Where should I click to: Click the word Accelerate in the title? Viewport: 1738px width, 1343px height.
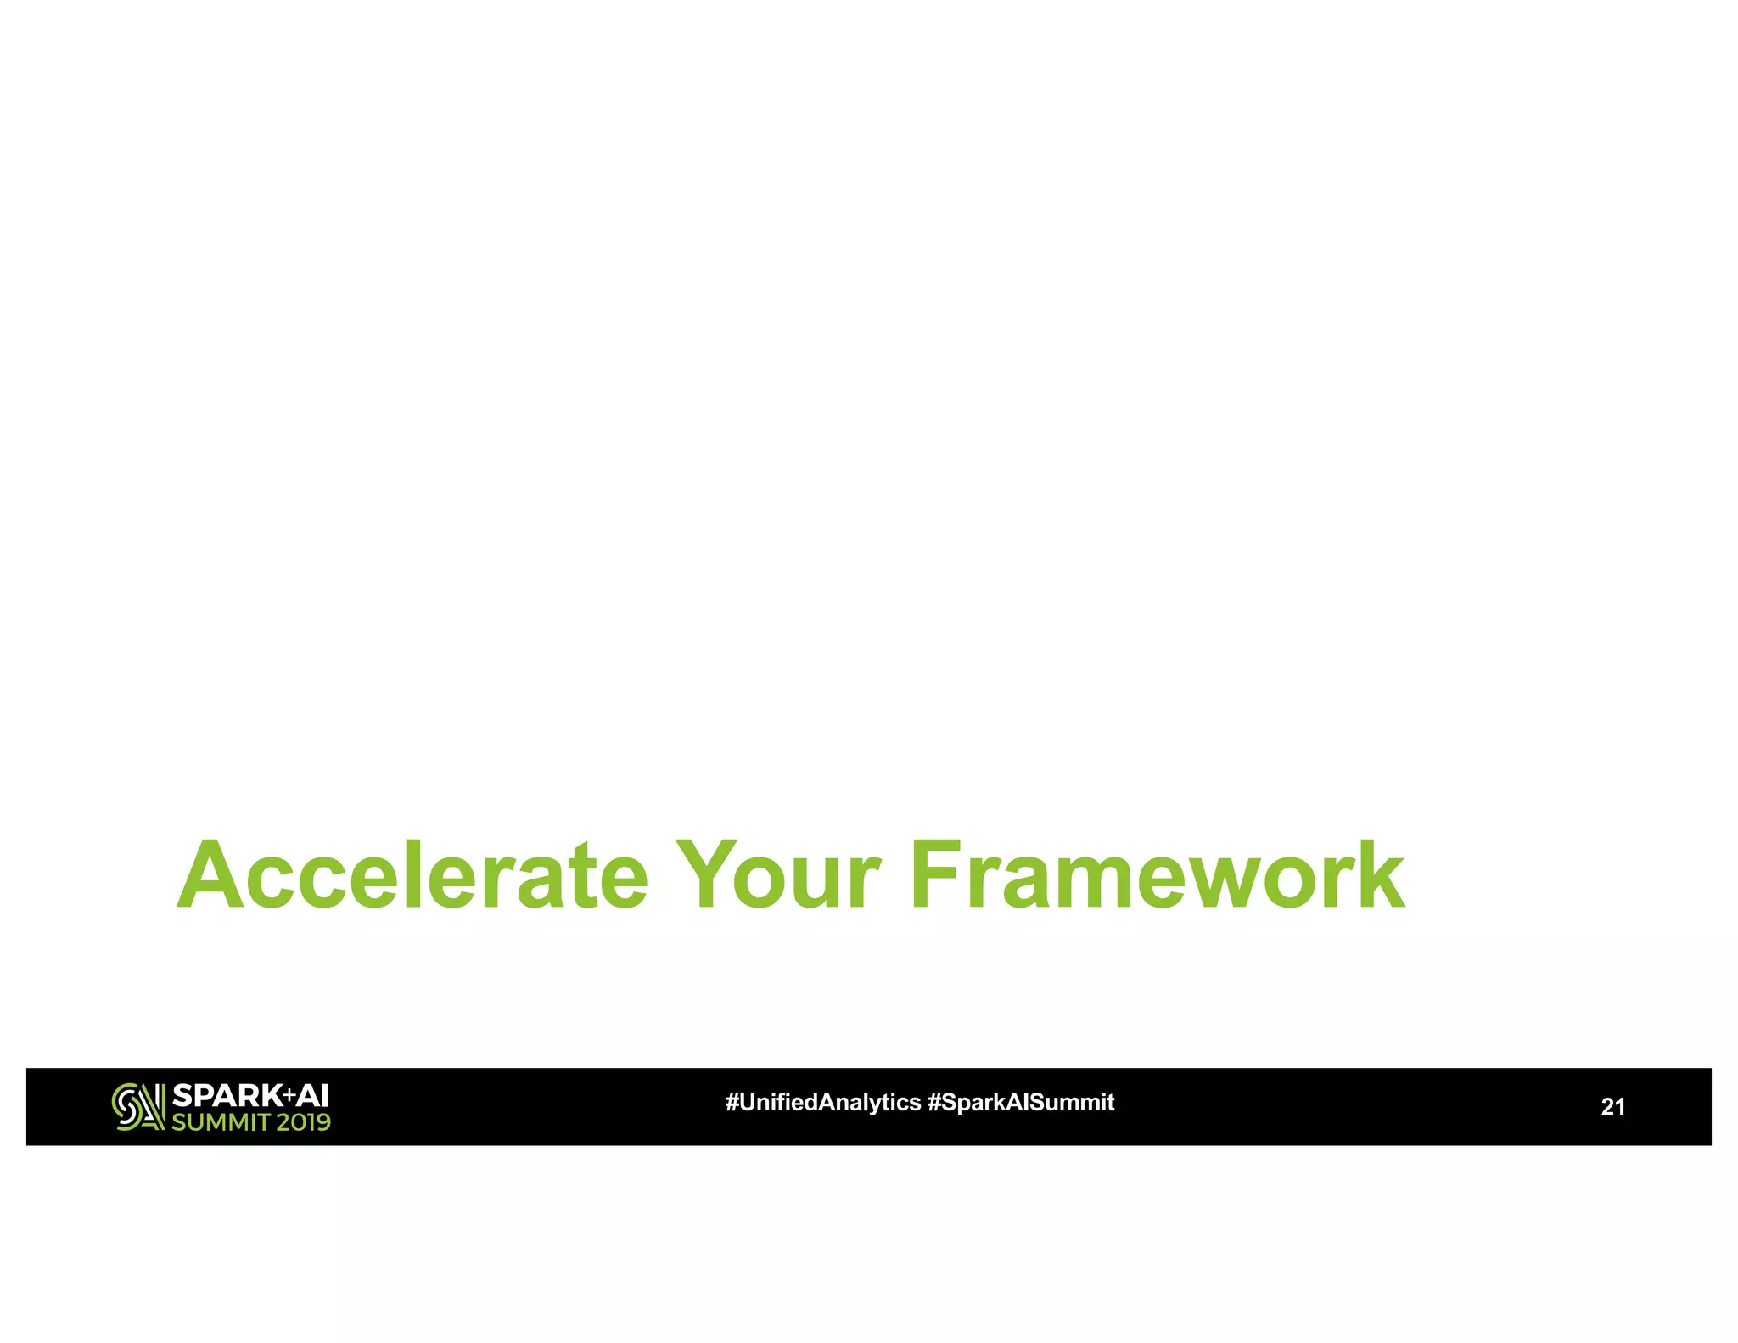(413, 875)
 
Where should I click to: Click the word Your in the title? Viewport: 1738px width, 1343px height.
(778, 875)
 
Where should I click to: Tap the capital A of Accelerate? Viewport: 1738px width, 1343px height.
(210, 875)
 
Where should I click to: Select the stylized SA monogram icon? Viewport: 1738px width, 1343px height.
(138, 1107)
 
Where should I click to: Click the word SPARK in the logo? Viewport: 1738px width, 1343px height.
(226, 1096)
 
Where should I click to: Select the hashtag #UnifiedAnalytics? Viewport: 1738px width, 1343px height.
(822, 1103)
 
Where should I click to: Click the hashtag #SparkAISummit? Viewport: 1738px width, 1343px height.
(1021, 1103)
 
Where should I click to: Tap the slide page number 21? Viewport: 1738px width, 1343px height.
(1612, 1107)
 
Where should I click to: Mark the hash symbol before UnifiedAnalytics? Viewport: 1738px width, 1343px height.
(732, 1103)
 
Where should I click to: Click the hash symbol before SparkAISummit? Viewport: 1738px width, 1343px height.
(934, 1103)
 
